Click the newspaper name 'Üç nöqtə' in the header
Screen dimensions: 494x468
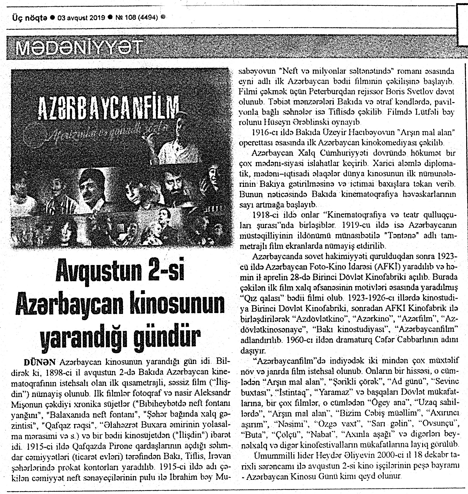pos(30,17)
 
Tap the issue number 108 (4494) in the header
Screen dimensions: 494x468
pos(141,17)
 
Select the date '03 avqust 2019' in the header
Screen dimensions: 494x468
pos(81,17)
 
